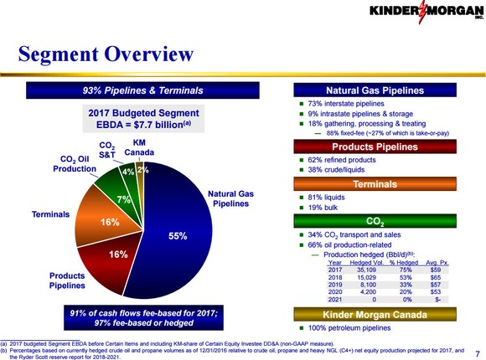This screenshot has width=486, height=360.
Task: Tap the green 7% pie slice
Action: (x=123, y=199)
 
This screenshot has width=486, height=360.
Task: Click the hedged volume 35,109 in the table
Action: (x=366, y=270)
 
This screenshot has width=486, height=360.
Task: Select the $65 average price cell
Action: (x=435, y=279)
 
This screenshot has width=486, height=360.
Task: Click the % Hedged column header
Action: (x=405, y=262)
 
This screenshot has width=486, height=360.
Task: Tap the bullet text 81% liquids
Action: (x=328, y=197)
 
